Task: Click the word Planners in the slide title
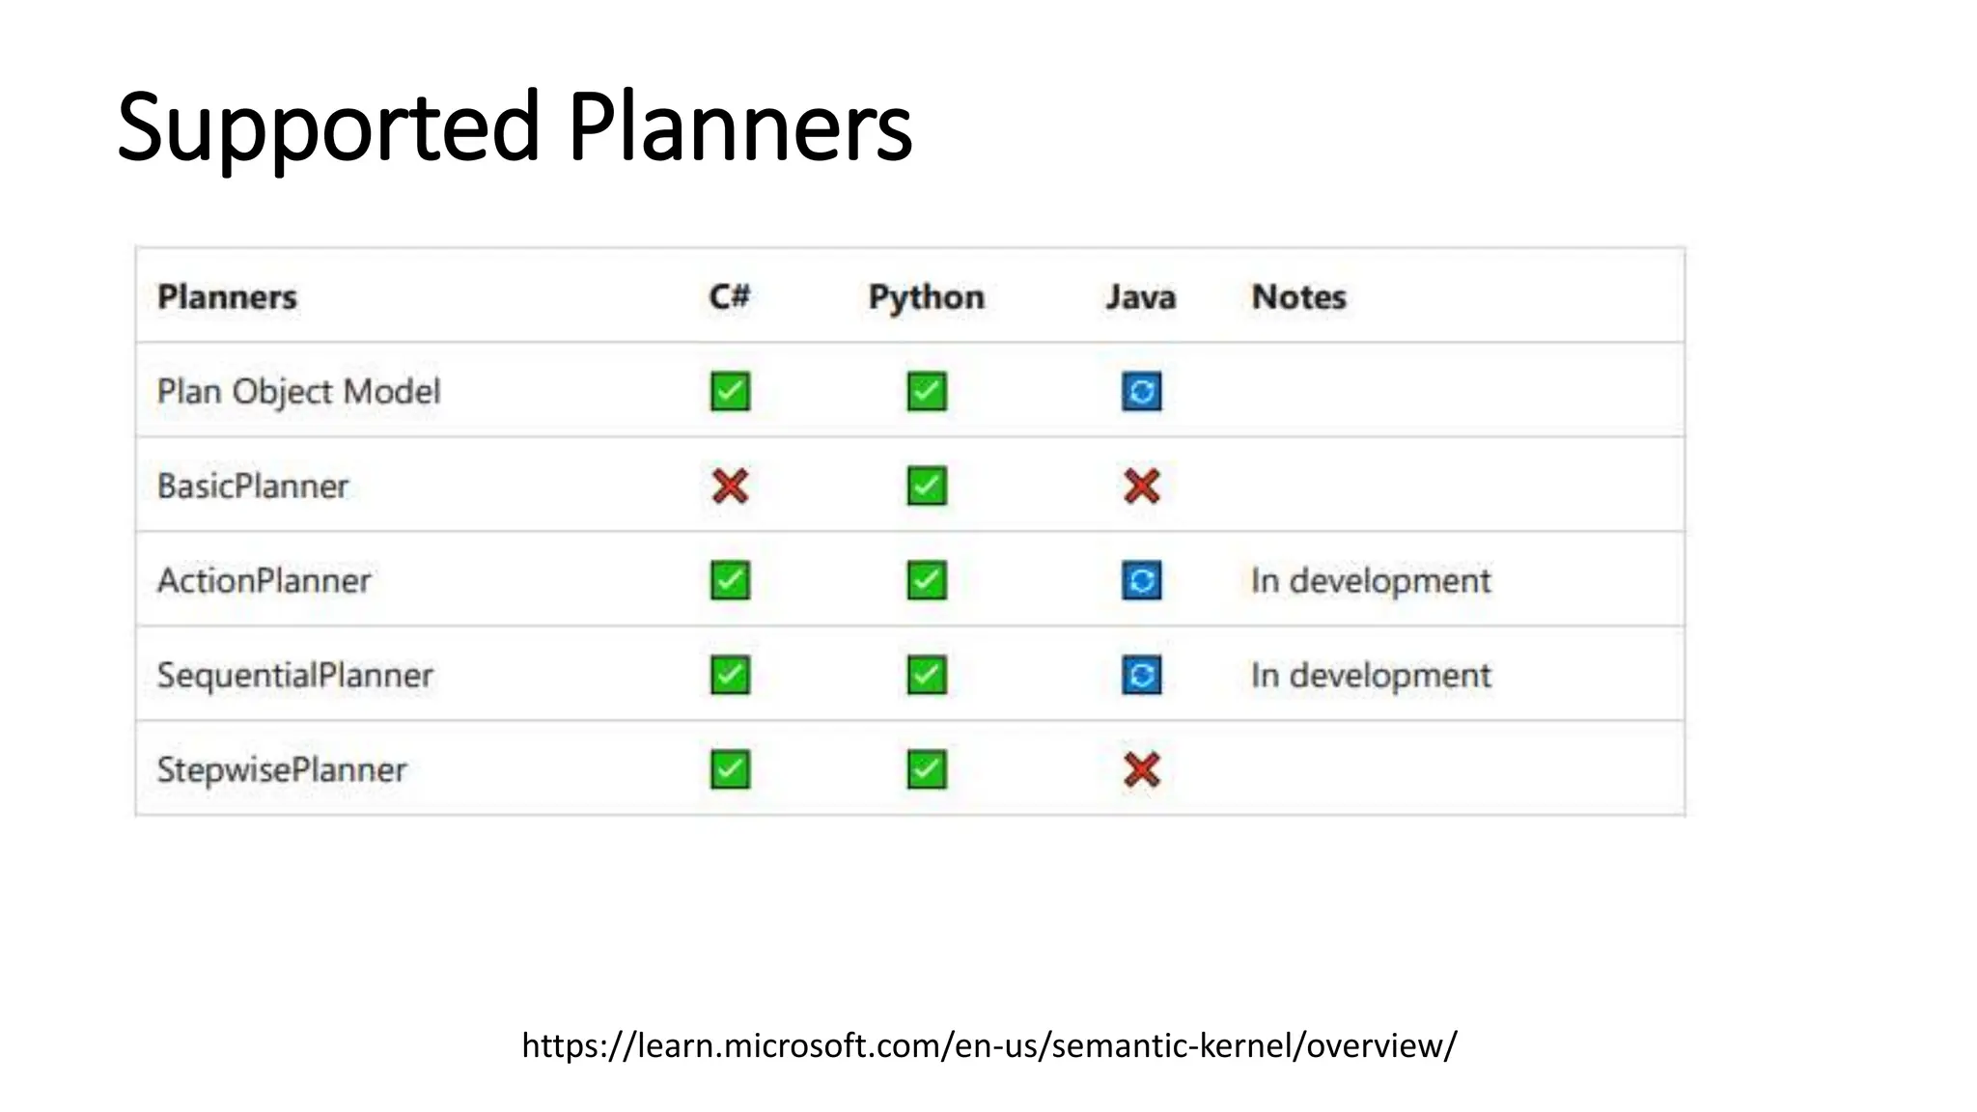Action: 739,127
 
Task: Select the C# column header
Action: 729,296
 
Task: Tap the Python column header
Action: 926,297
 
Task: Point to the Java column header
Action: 1140,296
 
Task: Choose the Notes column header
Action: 1298,296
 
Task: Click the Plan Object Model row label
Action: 298,391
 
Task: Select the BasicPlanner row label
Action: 253,486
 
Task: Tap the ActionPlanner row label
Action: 264,580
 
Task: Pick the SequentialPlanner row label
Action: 294,675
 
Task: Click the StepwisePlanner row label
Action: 282,769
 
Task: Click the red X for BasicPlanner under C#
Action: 730,486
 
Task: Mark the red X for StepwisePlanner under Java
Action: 1141,769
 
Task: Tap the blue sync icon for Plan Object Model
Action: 1141,391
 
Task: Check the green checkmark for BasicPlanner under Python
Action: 927,486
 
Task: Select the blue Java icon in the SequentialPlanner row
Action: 1141,675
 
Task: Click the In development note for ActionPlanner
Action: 1370,580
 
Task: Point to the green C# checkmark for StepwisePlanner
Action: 730,769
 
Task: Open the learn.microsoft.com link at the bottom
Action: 988,1045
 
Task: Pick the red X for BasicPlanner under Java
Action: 1141,486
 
